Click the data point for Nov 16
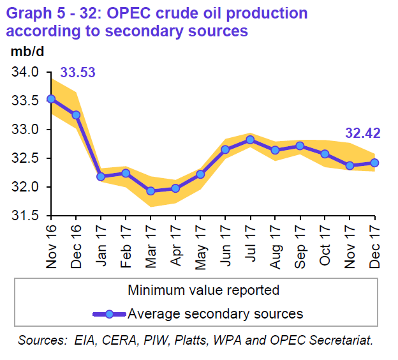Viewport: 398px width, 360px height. tap(52, 99)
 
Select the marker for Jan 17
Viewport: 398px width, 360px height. tap(101, 176)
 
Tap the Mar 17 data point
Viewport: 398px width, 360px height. tap(151, 191)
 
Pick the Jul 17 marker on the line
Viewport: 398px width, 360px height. tap(250, 140)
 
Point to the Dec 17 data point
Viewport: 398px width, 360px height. tap(374, 162)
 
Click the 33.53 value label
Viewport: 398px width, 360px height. tap(78, 73)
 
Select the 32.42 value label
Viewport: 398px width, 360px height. tap(363, 133)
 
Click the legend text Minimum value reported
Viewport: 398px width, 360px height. tap(203, 290)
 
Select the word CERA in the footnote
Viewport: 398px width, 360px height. tap(107, 340)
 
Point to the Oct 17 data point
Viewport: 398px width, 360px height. tap(325, 154)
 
